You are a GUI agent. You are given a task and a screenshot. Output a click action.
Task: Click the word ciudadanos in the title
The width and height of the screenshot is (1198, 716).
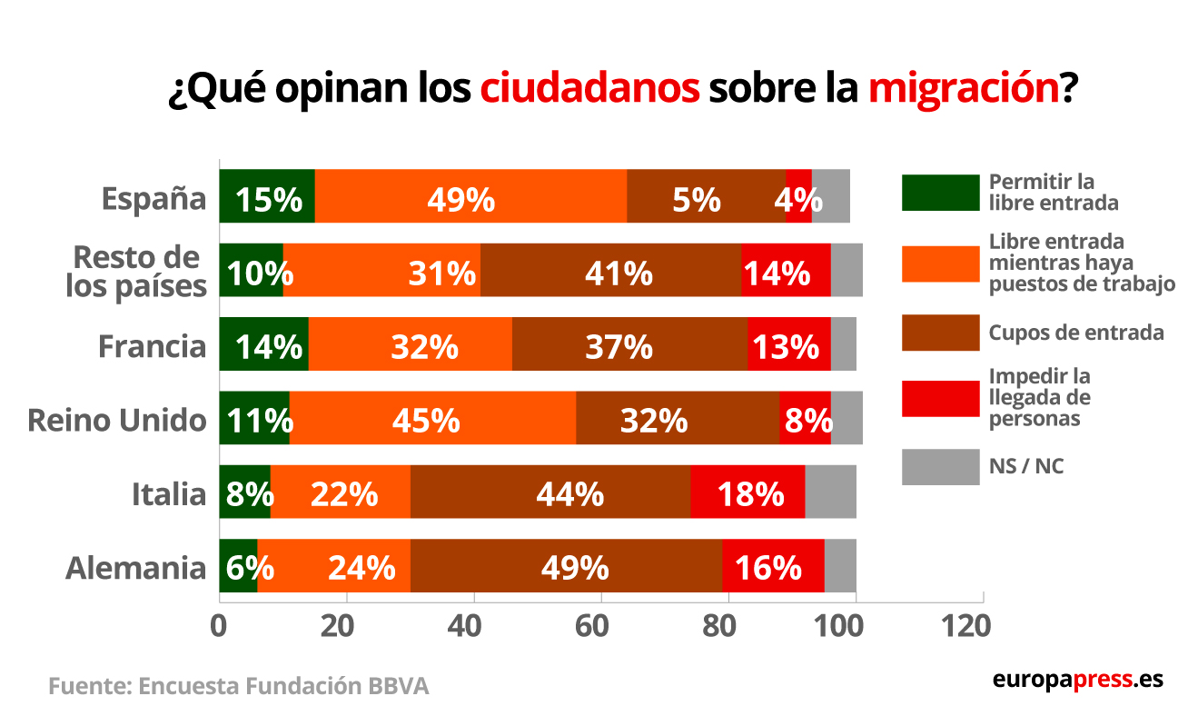tap(589, 90)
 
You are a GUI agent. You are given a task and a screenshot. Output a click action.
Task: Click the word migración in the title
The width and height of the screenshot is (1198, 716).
tap(963, 90)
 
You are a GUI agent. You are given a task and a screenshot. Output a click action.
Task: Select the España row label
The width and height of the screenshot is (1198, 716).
tap(154, 197)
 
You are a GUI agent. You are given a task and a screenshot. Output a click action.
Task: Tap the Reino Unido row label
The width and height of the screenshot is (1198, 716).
tap(117, 420)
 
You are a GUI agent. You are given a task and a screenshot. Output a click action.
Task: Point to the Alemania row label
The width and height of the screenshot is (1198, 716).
tap(135, 569)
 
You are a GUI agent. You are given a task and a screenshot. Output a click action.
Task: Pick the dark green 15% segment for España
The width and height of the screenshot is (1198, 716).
tap(267, 196)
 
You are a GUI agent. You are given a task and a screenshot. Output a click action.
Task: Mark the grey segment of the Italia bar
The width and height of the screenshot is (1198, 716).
tap(830, 492)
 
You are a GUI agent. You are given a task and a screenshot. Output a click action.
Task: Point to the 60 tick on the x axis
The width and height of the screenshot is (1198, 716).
tap(600, 627)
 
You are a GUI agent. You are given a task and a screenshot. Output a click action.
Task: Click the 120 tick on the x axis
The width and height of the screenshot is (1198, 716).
tap(962, 627)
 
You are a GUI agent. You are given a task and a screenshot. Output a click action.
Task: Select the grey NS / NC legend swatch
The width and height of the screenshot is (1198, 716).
tap(940, 466)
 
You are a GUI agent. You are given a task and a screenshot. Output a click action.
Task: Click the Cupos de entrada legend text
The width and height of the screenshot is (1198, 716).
tap(1076, 333)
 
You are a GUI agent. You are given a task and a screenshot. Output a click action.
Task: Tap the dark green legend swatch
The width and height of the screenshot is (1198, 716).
tap(940, 192)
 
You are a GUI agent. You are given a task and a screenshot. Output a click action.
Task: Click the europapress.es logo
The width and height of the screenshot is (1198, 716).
tap(1077, 680)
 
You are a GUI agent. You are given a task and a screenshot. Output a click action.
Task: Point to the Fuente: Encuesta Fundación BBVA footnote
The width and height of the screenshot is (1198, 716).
tap(238, 686)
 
